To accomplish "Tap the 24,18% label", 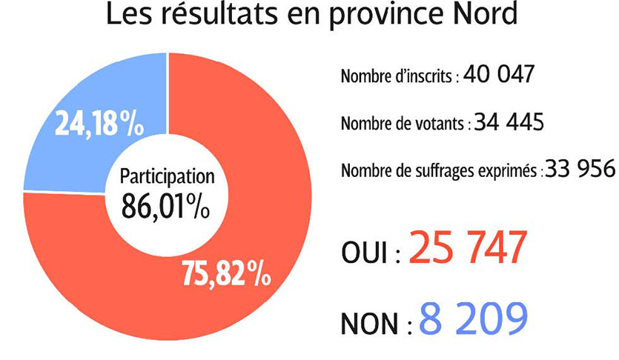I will click(x=99, y=124).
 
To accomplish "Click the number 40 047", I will click(x=497, y=76).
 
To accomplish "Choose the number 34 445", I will click(x=509, y=122).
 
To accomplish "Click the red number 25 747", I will click(x=468, y=250).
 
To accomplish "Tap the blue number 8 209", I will click(x=473, y=319).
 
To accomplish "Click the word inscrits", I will click(x=429, y=78).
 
